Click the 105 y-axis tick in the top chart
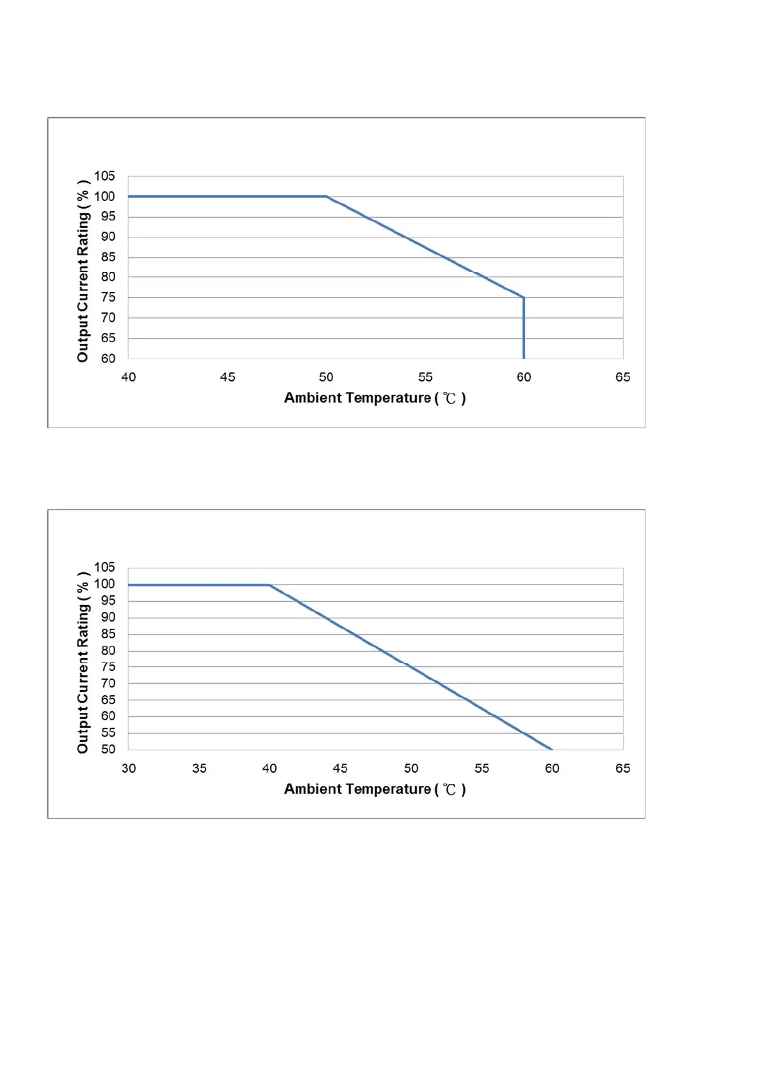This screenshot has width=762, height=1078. [x=104, y=176]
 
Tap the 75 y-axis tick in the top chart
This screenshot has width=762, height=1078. [x=108, y=297]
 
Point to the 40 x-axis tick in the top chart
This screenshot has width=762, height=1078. [x=129, y=377]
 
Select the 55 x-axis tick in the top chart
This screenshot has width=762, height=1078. [x=425, y=377]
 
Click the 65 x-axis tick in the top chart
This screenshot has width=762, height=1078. [x=622, y=377]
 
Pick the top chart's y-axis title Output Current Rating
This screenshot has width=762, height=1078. [x=83, y=271]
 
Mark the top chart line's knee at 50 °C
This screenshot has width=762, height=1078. [x=326, y=197]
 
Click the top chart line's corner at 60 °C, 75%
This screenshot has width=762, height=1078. [x=524, y=298]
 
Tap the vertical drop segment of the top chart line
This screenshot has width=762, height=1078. [x=524, y=330]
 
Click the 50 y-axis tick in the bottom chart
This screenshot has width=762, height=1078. [x=108, y=749]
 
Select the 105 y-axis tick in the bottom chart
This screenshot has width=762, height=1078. [x=104, y=567]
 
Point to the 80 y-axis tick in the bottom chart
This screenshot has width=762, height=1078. [x=108, y=650]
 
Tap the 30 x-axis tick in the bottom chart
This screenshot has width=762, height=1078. [x=129, y=768]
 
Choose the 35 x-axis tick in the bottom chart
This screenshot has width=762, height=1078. [x=199, y=768]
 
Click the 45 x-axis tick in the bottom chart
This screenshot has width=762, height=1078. [x=340, y=768]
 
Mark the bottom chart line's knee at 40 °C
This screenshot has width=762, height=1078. [x=270, y=585]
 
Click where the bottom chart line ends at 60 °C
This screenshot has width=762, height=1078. [x=551, y=749]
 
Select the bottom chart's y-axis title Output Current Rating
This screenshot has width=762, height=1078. [x=83, y=663]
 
